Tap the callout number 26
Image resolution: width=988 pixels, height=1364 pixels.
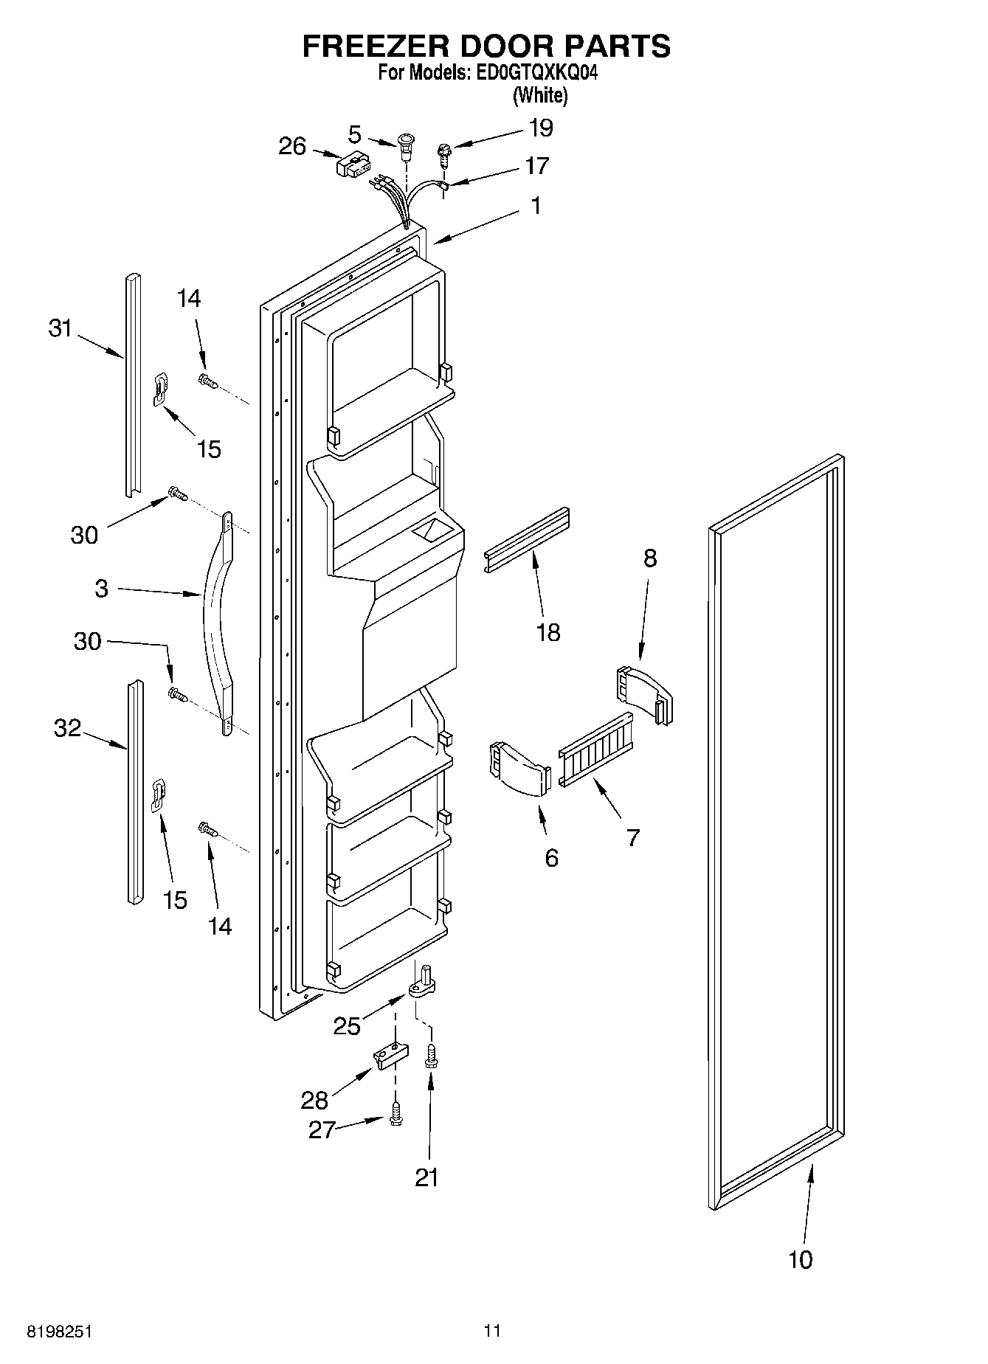point(292,146)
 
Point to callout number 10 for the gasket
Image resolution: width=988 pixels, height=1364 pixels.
point(800,1259)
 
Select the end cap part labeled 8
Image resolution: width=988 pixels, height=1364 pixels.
point(643,693)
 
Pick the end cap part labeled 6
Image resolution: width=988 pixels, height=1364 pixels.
point(519,769)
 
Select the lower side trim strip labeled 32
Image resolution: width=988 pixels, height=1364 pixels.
point(134,793)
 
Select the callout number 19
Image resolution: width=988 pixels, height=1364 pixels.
point(540,128)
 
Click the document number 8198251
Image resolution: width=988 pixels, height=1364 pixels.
point(59,1332)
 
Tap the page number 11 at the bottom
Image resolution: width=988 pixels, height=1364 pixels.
point(492,1330)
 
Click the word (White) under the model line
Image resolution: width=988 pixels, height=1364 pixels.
point(540,94)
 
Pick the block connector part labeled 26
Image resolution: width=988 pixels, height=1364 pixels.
point(352,165)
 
